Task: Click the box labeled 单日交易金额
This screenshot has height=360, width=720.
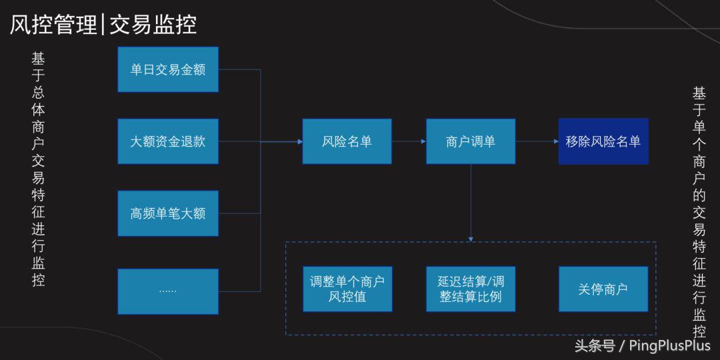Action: click(x=168, y=69)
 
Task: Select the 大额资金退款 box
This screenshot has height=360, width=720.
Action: click(x=168, y=141)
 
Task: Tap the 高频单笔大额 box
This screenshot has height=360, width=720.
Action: click(x=168, y=213)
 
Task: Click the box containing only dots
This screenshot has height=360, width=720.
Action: click(x=168, y=291)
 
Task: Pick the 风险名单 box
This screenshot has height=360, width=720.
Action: click(x=347, y=141)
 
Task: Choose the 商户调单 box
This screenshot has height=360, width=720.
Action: click(x=471, y=141)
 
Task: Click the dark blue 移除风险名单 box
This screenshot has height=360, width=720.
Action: click(x=603, y=141)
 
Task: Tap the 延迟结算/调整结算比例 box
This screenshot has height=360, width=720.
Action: click(x=471, y=289)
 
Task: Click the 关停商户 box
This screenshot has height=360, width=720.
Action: click(x=603, y=289)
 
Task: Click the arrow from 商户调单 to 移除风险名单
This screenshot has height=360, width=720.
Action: click(x=537, y=141)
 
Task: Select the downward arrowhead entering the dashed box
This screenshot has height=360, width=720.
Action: click(x=471, y=238)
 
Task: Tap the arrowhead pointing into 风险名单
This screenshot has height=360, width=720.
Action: click(x=299, y=141)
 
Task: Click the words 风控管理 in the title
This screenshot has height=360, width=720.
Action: click(x=53, y=25)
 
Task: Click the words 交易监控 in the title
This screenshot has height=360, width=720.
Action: click(x=153, y=25)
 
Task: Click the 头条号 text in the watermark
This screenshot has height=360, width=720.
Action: click(x=595, y=345)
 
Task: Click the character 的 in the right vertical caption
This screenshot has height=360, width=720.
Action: click(x=699, y=196)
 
